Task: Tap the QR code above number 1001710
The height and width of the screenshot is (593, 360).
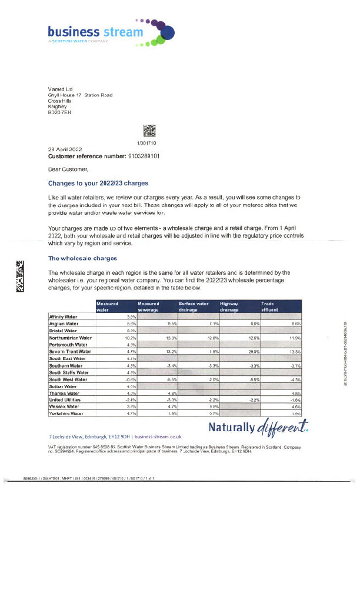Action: pos(149,131)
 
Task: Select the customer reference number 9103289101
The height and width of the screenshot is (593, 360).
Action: pos(144,156)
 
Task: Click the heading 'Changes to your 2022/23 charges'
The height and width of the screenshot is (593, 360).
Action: pos(98,183)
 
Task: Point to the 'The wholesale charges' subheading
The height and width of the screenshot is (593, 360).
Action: pos(82,258)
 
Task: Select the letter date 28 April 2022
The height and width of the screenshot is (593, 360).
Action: pos(65,149)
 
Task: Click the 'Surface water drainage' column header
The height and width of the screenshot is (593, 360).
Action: pos(194,306)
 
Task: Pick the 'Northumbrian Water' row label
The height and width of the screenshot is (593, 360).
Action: pos(71,338)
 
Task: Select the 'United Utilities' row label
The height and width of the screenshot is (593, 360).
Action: pos(66,384)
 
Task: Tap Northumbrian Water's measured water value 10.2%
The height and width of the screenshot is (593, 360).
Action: pos(131,338)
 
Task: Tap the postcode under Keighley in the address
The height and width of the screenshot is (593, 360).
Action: pos(59,112)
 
